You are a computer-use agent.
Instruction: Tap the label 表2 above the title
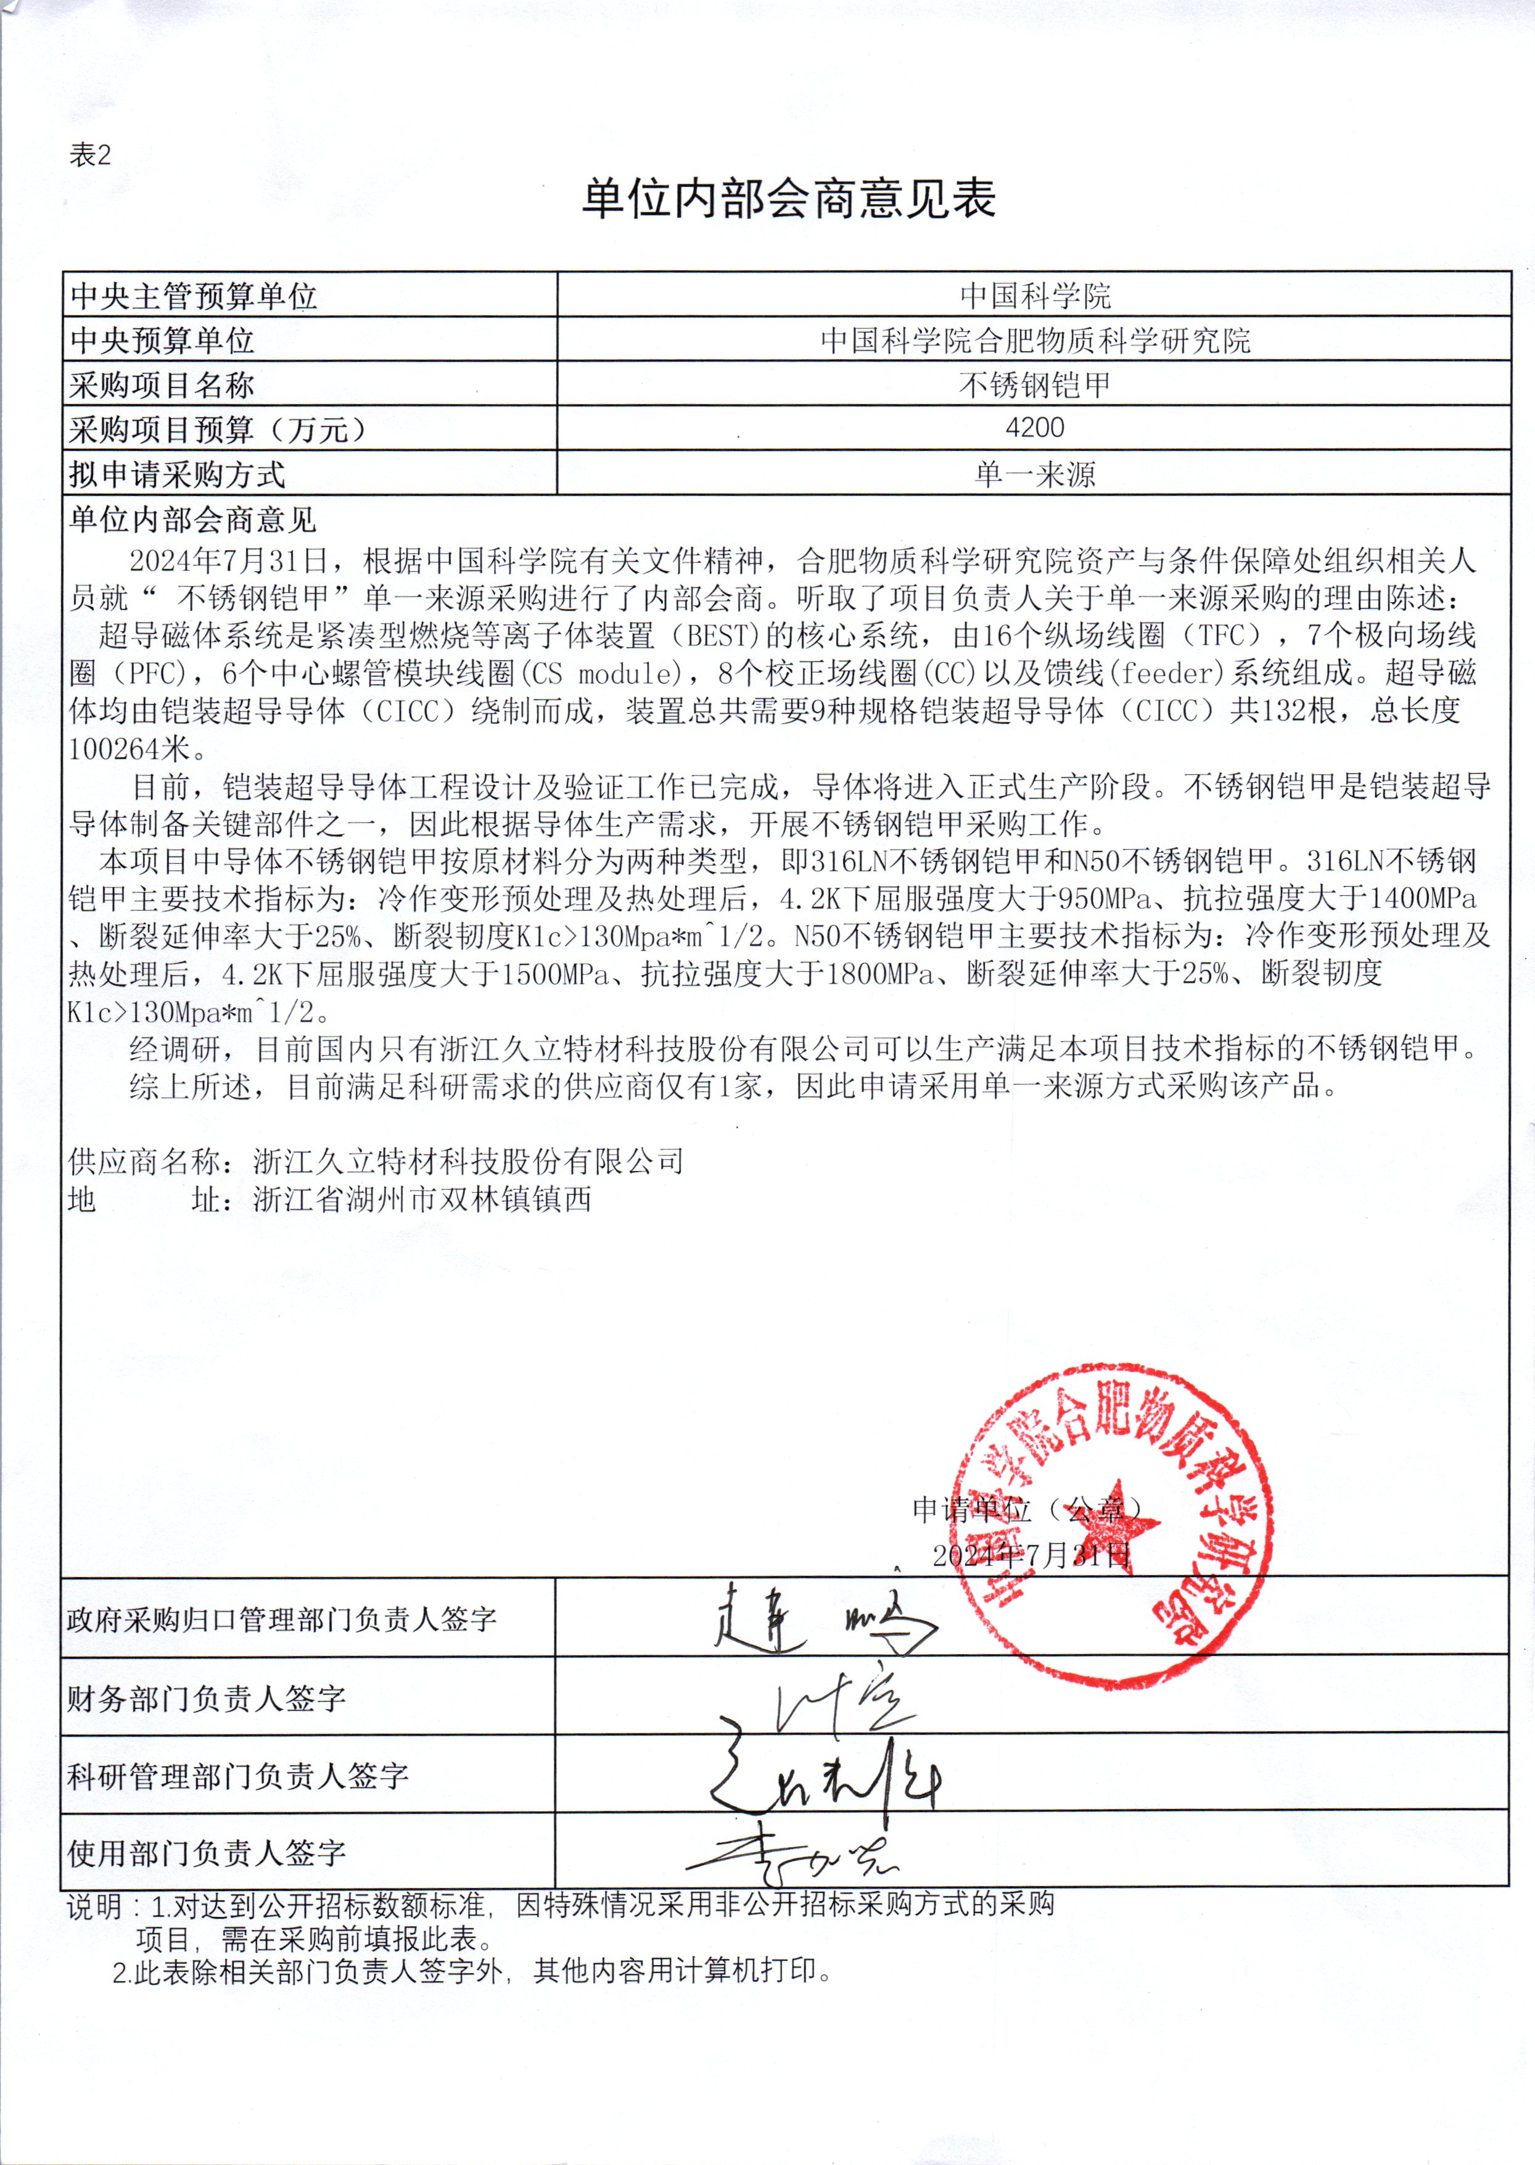point(91,155)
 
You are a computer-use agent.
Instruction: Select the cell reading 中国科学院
point(1035,296)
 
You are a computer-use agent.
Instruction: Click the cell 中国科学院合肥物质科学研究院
point(1035,341)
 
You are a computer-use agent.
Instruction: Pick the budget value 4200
point(1035,428)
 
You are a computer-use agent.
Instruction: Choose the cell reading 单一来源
point(1035,474)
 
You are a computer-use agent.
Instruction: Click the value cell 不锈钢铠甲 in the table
point(1035,385)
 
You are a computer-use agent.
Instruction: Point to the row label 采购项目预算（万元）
point(218,430)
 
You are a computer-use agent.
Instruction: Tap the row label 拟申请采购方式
point(177,474)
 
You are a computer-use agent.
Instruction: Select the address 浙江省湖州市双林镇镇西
point(422,1200)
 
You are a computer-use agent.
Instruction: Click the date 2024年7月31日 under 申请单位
point(1031,1555)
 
